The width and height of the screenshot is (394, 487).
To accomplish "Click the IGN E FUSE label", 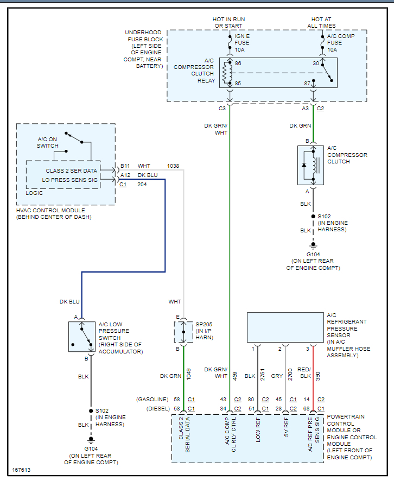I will point(243,43).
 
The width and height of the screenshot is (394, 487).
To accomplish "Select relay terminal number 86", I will point(238,64).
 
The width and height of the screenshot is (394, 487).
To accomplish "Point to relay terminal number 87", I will point(307,84).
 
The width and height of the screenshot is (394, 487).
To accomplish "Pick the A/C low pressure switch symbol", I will point(81,336).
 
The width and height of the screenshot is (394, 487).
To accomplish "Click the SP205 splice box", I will point(183,332).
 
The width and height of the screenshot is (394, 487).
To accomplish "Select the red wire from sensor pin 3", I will point(313,380).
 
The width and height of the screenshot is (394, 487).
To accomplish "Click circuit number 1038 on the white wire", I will point(173,166).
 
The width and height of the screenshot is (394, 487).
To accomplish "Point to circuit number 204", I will point(142,185).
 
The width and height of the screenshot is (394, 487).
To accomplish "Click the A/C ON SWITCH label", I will point(48,142).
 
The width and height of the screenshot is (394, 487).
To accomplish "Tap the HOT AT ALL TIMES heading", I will point(323,22).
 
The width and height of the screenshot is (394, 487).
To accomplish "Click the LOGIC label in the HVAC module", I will point(34,193).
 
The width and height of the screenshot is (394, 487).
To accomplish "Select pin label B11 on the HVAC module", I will point(125,166).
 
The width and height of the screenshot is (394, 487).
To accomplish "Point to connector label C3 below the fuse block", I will point(222,109).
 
